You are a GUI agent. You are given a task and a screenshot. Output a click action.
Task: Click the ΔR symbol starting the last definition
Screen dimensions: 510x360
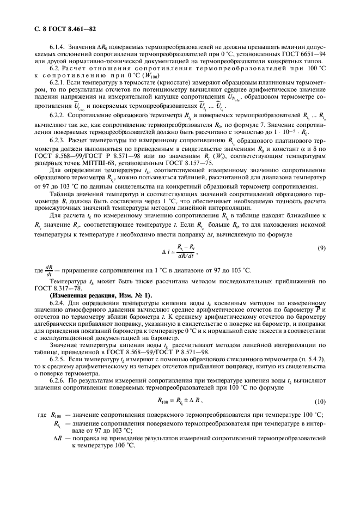[57, 438]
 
